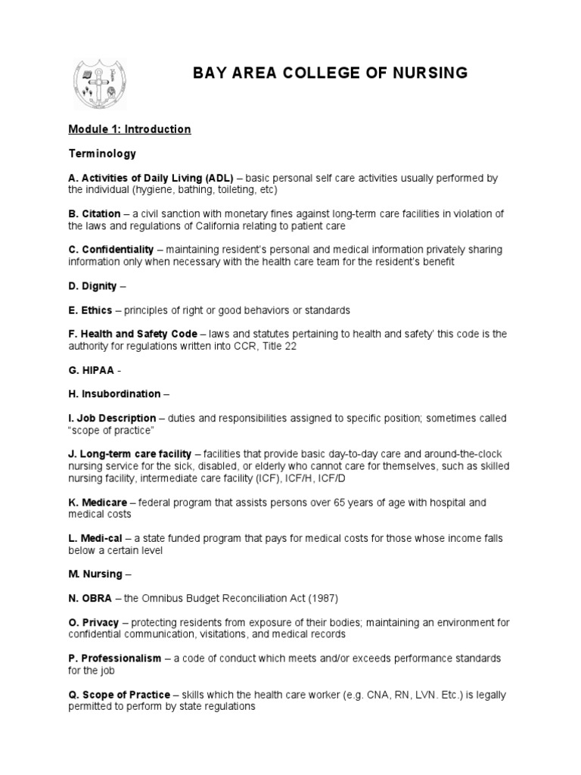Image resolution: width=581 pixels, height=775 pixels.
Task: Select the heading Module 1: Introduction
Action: tap(129, 129)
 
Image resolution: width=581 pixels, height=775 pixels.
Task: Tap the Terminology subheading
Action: tap(102, 154)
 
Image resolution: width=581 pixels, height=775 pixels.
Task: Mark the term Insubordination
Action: tap(119, 394)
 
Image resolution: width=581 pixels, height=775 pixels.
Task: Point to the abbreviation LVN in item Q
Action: tap(443, 695)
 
